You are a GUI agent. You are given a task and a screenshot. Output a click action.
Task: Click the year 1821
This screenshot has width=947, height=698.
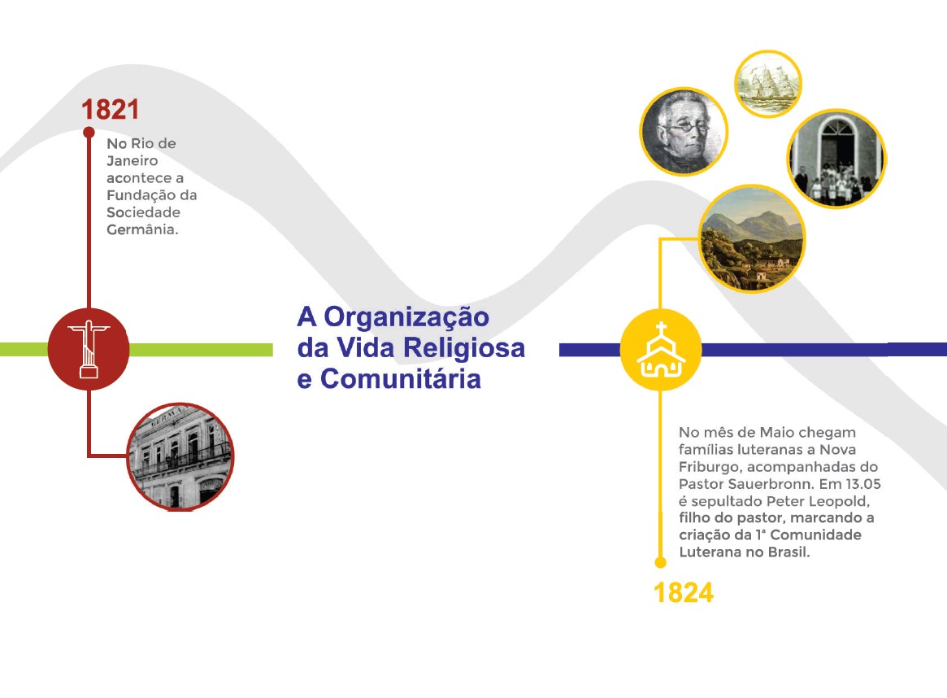(110, 109)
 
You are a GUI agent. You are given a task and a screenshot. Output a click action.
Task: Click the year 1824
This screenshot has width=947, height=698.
(683, 593)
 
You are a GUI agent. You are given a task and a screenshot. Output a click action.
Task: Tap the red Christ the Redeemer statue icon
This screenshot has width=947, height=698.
(89, 349)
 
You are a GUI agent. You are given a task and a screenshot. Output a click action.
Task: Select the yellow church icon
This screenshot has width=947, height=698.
(661, 350)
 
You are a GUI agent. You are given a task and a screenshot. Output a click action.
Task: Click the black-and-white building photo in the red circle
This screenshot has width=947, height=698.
(180, 456)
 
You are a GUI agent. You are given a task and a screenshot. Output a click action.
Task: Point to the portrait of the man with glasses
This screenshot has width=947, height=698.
(684, 131)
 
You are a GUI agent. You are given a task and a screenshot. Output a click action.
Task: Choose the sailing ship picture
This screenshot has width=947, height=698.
(767, 84)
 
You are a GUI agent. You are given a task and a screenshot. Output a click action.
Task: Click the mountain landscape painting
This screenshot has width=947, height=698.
(752, 238)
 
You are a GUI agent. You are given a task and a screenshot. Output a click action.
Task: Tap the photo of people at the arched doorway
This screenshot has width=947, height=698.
(836, 159)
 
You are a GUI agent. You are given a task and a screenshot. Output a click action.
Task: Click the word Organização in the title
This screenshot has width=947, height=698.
(406, 317)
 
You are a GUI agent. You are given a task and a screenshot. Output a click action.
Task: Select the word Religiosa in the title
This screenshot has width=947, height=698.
(464, 348)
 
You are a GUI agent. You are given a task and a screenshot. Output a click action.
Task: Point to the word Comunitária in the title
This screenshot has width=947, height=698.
(401, 379)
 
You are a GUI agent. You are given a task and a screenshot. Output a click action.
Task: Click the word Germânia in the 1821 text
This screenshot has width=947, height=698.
(142, 229)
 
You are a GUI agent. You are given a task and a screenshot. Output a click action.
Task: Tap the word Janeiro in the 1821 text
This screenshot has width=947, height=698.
(132, 161)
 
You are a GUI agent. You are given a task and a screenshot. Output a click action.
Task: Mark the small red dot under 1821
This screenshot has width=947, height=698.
(89, 133)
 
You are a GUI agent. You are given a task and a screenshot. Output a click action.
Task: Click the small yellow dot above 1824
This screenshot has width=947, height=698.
(661, 563)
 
